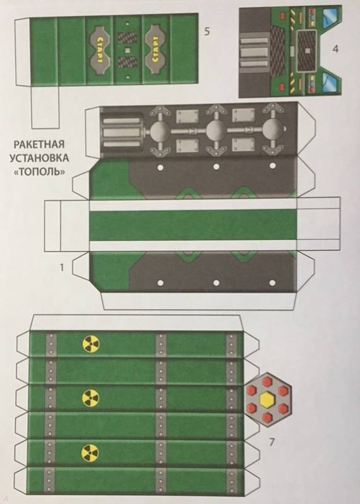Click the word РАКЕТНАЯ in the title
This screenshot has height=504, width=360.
[39, 144]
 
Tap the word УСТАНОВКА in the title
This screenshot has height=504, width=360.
[39, 158]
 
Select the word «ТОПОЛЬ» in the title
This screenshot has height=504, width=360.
[40, 171]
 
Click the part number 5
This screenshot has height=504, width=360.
[207, 31]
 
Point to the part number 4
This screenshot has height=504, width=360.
[335, 49]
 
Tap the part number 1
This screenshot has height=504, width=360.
[62, 267]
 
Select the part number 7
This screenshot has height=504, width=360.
[272, 442]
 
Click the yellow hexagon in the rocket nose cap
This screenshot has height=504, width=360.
[267, 399]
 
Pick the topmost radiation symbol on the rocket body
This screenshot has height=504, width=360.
[91, 344]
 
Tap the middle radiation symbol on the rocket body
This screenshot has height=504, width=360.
[90, 398]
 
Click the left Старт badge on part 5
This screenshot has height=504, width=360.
[100, 49]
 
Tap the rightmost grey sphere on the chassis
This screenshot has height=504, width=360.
[272, 131]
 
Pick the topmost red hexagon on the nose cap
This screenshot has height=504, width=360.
[267, 382]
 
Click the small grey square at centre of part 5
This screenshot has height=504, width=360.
[128, 50]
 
